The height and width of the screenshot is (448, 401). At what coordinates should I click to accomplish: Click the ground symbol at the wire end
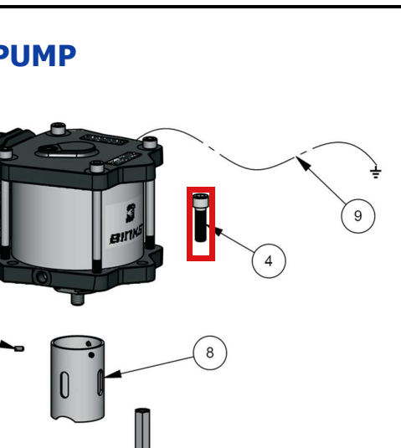pos(376,173)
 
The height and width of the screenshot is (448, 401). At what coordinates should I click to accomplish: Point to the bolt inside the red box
pos(201,218)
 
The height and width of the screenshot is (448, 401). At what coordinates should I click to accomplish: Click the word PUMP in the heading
pos(37,56)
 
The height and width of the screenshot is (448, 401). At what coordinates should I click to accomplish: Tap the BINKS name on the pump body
pos(126,236)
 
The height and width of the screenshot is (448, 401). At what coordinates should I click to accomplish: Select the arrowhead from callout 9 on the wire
pos(303,163)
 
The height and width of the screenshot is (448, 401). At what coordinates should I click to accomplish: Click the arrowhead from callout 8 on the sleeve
pos(113,374)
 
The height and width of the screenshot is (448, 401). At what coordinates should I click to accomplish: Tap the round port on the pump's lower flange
pos(42,276)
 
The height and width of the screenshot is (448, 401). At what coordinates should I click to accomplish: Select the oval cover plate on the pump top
pos(65,149)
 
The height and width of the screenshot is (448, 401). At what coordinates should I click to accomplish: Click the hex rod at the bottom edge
pos(142,428)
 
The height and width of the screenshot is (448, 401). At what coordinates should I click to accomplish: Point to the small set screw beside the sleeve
pos(19,348)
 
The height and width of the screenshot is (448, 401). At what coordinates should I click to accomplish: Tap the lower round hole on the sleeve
pos(91,355)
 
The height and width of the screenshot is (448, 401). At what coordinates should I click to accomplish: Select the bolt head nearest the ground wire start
pos(150,142)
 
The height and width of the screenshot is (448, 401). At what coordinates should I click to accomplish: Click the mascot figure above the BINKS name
pos(131,213)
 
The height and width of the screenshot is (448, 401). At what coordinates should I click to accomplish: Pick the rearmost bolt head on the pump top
pos(59,128)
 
